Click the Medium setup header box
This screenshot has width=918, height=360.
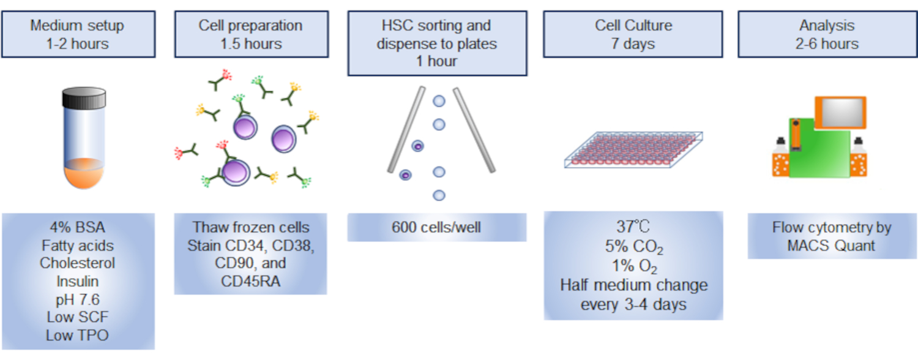point(78,34)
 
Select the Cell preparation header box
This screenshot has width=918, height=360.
point(251,34)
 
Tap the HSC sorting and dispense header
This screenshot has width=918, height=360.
point(437,43)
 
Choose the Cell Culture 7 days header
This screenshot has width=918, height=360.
point(633,34)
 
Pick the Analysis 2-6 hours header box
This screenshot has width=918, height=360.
point(827,34)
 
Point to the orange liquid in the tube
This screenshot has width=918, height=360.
point(84,174)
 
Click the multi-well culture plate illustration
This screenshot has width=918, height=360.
point(633,151)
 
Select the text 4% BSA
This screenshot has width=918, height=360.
point(78,228)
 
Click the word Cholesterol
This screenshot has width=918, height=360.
point(78,263)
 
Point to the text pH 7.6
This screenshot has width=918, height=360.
point(78,299)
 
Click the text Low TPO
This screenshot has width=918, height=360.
point(78,335)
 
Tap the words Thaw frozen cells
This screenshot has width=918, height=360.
point(251,228)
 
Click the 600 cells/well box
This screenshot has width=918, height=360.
point(437,228)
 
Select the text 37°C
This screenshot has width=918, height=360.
point(633,227)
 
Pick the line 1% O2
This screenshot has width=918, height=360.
point(633,267)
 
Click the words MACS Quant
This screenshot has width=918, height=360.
point(832,246)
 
